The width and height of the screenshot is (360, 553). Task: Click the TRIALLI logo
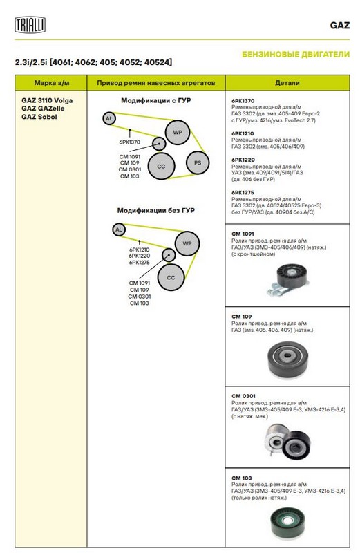point(30,25)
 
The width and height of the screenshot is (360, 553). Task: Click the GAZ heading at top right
point(339,26)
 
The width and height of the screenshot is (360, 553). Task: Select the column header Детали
point(287,83)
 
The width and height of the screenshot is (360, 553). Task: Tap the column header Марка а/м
point(52,83)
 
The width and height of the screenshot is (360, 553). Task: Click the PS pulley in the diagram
point(198,163)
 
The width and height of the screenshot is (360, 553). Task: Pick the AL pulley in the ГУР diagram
point(109,118)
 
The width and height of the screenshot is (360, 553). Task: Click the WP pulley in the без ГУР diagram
point(187,243)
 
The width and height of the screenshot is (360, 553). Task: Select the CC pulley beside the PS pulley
point(161,166)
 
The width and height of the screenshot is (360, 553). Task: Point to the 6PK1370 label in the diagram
point(129,142)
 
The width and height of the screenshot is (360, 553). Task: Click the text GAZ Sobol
point(39,117)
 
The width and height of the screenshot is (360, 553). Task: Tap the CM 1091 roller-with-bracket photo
point(287,280)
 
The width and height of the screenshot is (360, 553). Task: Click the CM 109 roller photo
point(287,359)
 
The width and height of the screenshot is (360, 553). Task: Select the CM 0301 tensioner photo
point(287,441)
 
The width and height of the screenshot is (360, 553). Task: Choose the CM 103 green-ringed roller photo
point(287,523)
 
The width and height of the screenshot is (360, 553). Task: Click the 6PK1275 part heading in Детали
point(243,193)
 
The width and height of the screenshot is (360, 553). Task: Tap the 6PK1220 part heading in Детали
point(243,160)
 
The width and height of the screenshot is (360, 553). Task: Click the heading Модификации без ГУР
point(156,211)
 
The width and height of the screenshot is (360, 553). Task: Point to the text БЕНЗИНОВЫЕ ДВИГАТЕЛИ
point(296,55)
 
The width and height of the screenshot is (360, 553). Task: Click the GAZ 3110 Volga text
point(47,100)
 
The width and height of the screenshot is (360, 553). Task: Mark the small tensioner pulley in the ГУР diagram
point(159,144)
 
